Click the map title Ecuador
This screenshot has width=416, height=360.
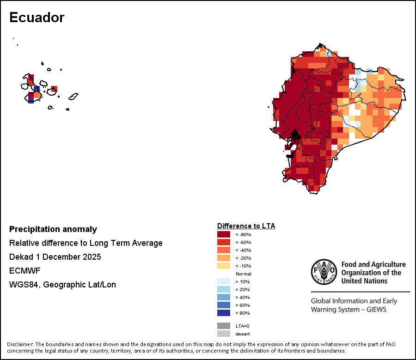pos(37,18)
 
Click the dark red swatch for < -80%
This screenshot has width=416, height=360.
pos(224,234)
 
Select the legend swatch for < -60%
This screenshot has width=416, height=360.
pos(224,242)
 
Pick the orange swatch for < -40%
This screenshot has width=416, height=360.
pos(224,250)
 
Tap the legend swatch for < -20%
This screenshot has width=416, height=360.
pos(224,258)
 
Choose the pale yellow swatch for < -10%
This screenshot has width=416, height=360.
pos(224,266)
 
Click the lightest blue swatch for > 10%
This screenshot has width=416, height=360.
pos(224,281)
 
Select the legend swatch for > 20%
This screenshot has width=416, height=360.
pos(224,289)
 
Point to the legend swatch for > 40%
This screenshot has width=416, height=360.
pos(224,297)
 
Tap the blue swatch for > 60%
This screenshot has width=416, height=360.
pos(224,305)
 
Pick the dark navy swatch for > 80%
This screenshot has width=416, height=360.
pos(224,313)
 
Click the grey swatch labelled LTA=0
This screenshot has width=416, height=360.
pos(224,326)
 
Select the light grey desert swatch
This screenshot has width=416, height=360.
pos(224,334)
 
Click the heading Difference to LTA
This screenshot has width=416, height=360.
pos(246,226)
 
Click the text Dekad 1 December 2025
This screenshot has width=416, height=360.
pos(55,257)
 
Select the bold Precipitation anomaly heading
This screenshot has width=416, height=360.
pos(53,229)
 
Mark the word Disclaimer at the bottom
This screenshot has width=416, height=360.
pos(20,344)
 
